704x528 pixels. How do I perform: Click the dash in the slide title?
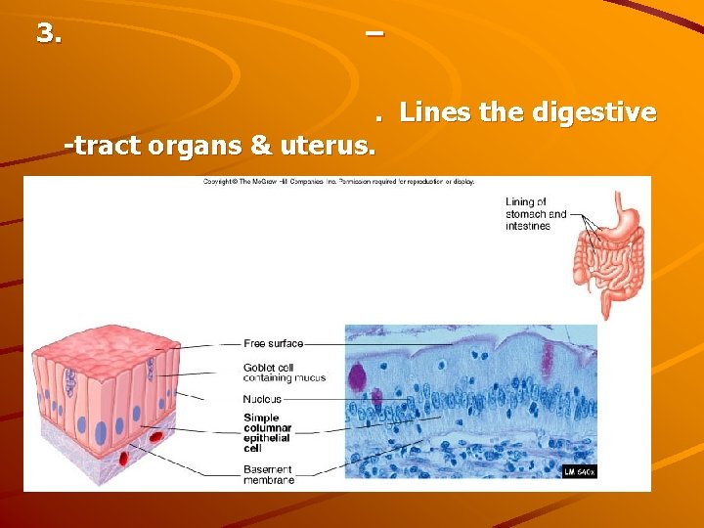point(373,33)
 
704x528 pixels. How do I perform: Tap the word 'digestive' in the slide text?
point(594,113)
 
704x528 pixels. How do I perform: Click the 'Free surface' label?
point(274,343)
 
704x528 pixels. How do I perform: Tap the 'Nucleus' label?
point(262,399)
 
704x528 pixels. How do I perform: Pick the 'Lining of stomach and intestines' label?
point(536,213)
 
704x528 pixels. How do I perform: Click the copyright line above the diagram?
point(338,182)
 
